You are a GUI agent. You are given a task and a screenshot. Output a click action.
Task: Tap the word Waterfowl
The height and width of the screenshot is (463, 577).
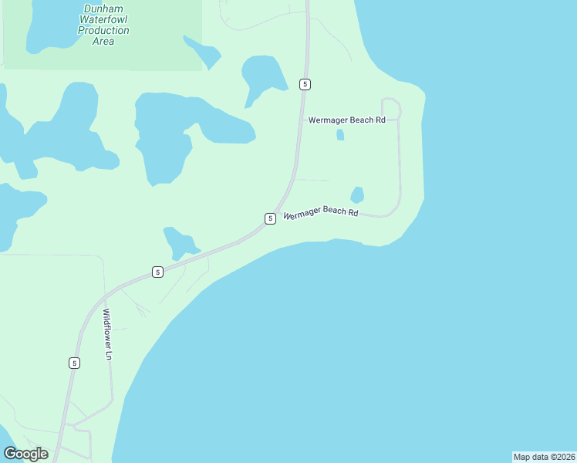103,20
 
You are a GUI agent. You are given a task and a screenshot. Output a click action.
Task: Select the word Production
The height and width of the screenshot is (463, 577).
103,31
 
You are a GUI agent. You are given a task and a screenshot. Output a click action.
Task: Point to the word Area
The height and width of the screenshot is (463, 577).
103,42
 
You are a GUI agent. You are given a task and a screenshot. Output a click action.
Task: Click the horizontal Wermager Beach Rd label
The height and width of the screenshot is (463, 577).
346,120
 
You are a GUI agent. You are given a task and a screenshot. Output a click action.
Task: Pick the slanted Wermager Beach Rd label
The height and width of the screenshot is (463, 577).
321,213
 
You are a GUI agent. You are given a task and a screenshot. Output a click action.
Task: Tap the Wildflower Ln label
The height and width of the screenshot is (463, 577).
108,335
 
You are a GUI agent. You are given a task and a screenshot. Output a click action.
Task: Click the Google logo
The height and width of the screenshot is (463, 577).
25,454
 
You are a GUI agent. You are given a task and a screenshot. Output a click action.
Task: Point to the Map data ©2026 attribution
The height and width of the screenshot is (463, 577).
544,457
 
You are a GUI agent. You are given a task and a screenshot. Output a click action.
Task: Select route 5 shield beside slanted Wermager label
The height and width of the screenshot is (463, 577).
270,218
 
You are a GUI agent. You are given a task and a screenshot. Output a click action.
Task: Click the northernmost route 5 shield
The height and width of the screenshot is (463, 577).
305,83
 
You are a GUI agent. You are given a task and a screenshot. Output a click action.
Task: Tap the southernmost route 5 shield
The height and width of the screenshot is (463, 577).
74,363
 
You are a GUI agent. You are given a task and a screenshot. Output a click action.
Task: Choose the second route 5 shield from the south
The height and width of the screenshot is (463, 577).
157,272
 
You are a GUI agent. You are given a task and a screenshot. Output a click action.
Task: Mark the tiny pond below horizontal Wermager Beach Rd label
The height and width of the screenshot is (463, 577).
340,135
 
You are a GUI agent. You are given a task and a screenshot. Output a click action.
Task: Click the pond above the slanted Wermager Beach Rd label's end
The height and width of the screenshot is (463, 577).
357,194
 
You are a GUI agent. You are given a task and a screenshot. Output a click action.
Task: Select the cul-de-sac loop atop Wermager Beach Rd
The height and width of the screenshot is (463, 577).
390,109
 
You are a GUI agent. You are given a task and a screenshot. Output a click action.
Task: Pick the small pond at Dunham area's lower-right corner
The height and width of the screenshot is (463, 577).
202,52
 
